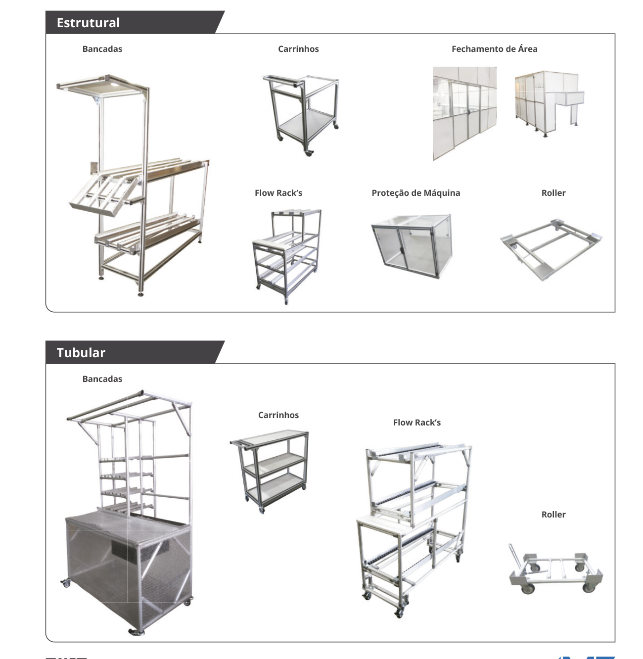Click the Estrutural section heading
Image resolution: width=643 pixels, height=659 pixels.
(88, 23)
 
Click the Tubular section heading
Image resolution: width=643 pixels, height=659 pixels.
(81, 353)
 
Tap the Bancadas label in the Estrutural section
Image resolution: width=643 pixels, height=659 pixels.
(102, 49)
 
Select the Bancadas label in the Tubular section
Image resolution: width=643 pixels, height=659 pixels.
(102, 378)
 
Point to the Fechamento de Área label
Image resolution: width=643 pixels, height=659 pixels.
(494, 49)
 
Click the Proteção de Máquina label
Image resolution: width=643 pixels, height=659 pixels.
(416, 193)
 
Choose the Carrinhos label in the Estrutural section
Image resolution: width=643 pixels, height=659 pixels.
(298, 49)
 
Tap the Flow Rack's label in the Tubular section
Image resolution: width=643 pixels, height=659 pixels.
(417, 423)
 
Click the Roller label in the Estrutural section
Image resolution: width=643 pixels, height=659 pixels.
(553, 192)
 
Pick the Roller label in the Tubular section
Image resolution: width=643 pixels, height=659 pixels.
(553, 515)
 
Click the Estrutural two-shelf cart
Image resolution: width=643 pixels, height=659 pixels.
(301, 115)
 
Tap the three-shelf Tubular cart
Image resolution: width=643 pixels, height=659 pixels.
(269, 471)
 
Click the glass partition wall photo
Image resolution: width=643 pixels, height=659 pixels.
(464, 113)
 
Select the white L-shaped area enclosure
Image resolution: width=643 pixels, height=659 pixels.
(549, 103)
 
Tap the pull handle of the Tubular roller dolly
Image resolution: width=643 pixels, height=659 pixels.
(513, 556)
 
